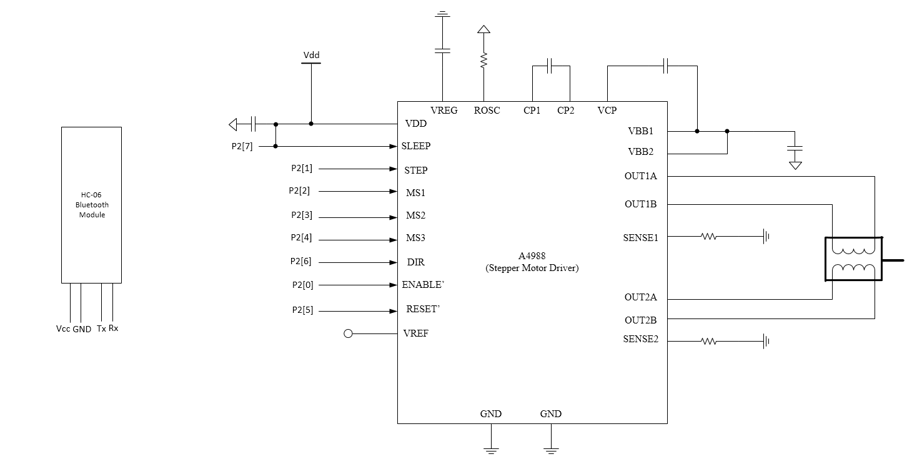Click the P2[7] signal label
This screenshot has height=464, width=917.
point(242,147)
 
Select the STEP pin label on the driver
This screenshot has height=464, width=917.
point(416,170)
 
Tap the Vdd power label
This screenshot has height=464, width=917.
point(312,55)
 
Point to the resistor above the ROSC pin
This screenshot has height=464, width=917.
point(484,60)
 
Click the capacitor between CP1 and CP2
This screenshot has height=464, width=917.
point(549,66)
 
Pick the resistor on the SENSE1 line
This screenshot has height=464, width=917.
point(708,237)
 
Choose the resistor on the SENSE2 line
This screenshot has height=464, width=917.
point(708,341)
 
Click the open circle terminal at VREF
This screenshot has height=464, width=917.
point(348,334)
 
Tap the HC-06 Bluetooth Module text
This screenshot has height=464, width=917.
point(92,205)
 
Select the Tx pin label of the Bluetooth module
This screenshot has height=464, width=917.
point(102,328)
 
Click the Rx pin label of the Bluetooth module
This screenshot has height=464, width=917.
point(114,328)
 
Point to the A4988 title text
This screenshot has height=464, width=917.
point(532,256)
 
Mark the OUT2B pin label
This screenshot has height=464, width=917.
point(641,320)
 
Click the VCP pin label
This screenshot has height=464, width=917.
point(607,111)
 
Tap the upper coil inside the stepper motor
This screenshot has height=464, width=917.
point(853,250)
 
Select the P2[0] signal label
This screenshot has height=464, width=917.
point(302,285)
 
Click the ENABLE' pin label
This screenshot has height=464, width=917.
point(423,285)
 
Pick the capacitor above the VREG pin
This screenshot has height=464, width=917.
point(442,51)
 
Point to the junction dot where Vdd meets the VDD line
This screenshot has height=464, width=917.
point(311,124)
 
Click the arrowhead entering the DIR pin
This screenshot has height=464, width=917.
point(393,263)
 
